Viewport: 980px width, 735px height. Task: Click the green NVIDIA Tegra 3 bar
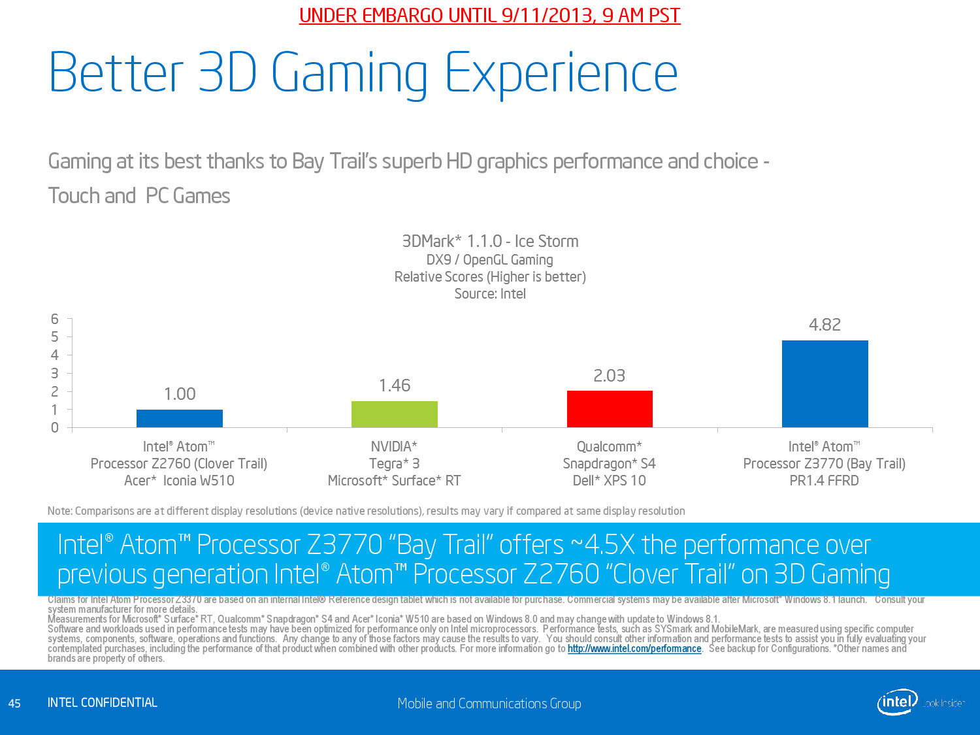click(395, 414)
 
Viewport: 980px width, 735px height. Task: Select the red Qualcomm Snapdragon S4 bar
click(610, 409)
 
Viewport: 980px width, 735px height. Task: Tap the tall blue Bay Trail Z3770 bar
click(825, 384)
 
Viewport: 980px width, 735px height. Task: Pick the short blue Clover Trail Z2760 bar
click(180, 418)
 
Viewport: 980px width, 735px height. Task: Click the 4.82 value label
click(825, 325)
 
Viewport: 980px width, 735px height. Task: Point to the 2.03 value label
click(609, 376)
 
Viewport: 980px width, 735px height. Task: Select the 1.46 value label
click(395, 385)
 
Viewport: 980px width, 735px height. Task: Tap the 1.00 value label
click(180, 394)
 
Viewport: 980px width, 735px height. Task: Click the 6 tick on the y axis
click(55, 319)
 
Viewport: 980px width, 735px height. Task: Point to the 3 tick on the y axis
click(55, 373)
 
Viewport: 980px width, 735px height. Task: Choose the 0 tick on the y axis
click(55, 427)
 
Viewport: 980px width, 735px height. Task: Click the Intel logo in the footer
click(897, 702)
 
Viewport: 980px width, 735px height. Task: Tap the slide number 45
click(14, 704)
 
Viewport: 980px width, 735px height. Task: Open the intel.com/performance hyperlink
click(634, 649)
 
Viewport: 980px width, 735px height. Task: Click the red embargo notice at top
click(490, 16)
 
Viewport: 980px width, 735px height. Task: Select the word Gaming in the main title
click(349, 73)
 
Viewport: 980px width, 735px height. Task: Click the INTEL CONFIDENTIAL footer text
click(103, 703)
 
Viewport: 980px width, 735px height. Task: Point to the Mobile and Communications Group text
click(489, 704)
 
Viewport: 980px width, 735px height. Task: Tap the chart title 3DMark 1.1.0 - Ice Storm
click(490, 242)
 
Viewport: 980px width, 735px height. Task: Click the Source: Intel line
click(490, 294)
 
